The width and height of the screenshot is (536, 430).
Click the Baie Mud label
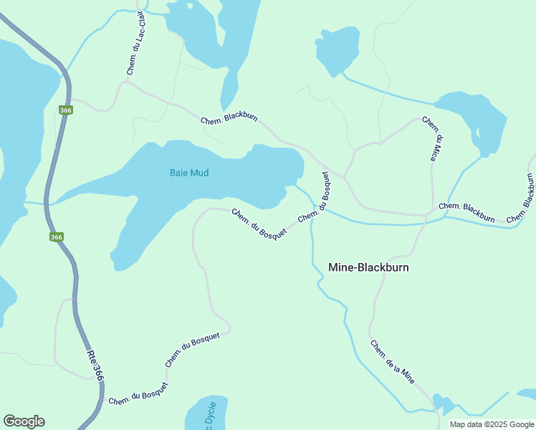(189, 173)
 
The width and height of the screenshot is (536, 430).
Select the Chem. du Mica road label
(432, 138)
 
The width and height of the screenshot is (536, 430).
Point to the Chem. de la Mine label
(392, 362)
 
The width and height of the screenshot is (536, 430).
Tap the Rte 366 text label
(95, 365)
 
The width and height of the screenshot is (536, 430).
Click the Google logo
(24, 421)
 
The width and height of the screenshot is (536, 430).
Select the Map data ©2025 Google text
(492, 424)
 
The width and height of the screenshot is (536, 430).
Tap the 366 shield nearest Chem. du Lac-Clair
(66, 110)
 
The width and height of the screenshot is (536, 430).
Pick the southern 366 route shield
(56, 237)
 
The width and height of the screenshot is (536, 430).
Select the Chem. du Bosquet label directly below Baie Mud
(259, 222)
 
